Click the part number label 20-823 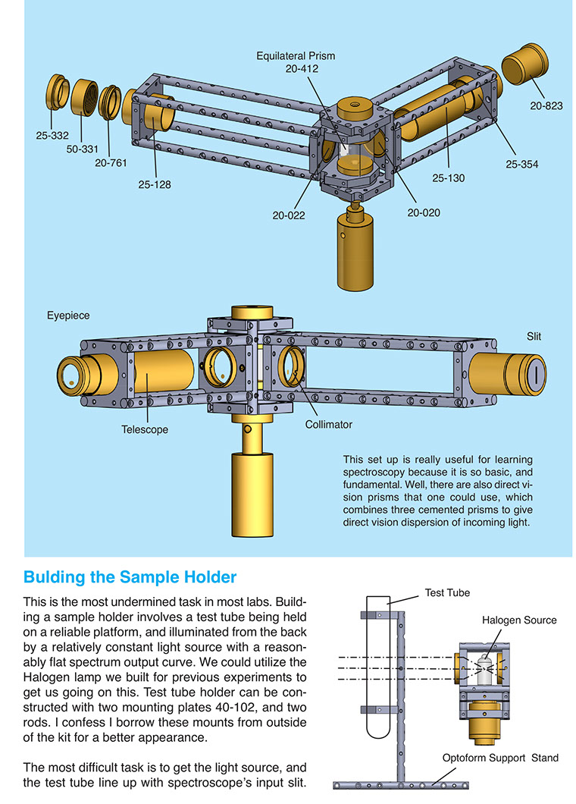tap(546, 105)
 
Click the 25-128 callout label tap(154, 183)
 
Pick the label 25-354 tap(522, 163)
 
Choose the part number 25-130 tap(449, 178)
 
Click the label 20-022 tap(290, 215)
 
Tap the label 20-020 tap(424, 213)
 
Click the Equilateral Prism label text tap(296, 55)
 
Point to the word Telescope tap(145, 429)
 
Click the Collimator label tap(329, 424)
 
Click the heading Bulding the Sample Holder tap(130, 577)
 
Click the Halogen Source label tap(519, 620)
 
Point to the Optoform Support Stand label tap(501, 757)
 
